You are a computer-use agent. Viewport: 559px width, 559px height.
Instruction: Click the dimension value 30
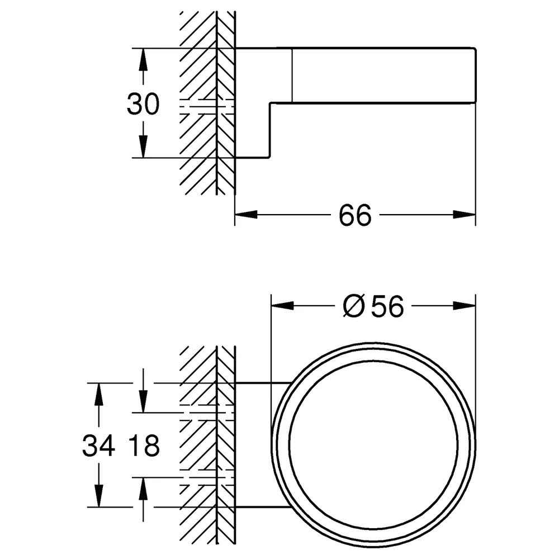(143, 104)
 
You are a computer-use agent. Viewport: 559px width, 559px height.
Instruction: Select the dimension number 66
(355, 215)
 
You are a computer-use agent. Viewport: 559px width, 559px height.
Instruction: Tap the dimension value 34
(99, 446)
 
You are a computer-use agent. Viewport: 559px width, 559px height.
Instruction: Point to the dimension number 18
(143, 446)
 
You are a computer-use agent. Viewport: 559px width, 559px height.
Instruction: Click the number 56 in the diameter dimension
(387, 306)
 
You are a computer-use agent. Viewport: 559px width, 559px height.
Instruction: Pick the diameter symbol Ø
(354, 306)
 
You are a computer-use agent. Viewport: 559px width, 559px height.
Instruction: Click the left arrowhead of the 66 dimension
(246, 215)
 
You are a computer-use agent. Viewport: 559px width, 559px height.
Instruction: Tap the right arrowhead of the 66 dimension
(464, 215)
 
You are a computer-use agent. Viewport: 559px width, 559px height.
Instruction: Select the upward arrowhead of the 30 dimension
(143, 60)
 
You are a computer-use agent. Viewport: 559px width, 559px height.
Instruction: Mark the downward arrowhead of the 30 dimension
(143, 146)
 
